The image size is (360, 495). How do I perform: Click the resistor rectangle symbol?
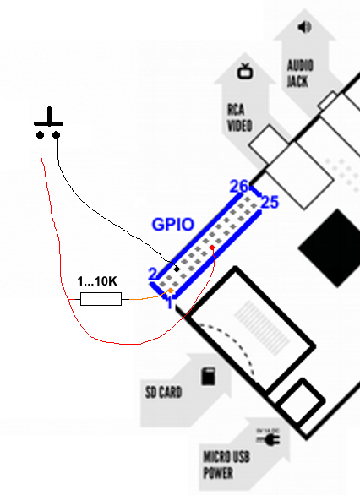101,299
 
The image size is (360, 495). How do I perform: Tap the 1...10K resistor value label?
97,281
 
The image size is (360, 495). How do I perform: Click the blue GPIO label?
172,225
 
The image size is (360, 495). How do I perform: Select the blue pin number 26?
238,186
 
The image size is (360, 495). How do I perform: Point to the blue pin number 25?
270,202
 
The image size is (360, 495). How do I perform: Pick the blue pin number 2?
152,274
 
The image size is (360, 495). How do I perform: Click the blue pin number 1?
170,302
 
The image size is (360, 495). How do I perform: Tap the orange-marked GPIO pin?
171,290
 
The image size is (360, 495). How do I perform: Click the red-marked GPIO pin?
212,247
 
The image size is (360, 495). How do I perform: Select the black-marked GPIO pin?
177,269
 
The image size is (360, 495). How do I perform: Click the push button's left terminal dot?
40,135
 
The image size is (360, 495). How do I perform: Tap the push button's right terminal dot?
57,135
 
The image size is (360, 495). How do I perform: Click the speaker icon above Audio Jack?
304,27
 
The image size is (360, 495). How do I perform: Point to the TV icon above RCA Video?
245,71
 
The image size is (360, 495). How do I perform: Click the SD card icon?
209,376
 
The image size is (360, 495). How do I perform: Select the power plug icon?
268,438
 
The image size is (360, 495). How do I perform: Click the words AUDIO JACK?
300,73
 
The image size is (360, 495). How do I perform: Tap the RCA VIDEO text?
240,117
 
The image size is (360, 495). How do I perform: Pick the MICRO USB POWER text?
226,465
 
